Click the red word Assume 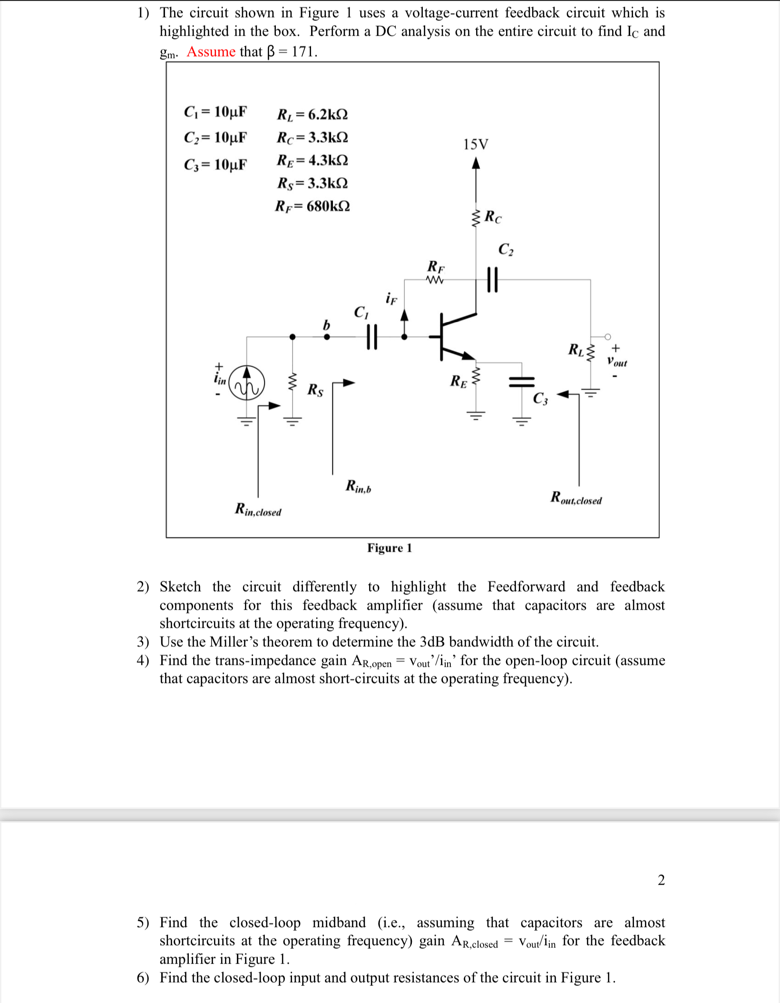click(211, 51)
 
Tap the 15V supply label click(475, 144)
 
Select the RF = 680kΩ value click(312, 206)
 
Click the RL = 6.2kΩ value click(312, 115)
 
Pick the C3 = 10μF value click(215, 165)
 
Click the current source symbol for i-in click(246, 383)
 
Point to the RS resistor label click(315, 390)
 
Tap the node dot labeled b click(326, 337)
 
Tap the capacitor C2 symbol click(492, 280)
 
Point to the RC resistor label click(493, 217)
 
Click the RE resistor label click(458, 381)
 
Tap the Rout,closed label click(576, 498)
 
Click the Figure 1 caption click(390, 548)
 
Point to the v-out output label click(617, 362)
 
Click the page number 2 click(661, 880)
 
